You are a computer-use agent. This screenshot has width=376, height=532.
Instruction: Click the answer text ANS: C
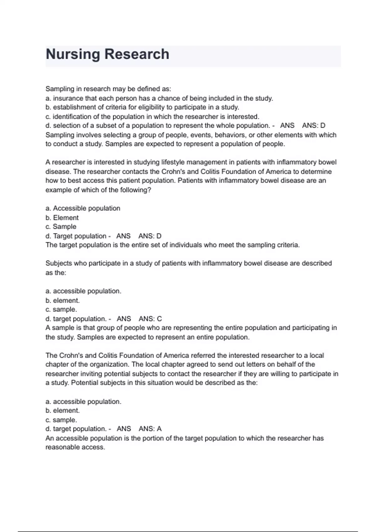pyautogui.click(x=150, y=319)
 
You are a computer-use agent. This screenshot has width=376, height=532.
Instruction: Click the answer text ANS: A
pyautogui.click(x=150, y=429)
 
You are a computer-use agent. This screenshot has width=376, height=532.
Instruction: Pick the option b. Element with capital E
pyautogui.click(x=62, y=217)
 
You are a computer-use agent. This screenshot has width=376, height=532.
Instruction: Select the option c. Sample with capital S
pyautogui.click(x=61, y=227)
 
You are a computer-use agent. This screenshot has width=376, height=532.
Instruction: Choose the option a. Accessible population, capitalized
pyautogui.click(x=83, y=208)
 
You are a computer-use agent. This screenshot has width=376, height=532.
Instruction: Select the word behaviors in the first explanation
pyautogui.click(x=229, y=135)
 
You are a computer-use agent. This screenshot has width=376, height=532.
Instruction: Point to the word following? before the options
pyautogui.click(x=135, y=190)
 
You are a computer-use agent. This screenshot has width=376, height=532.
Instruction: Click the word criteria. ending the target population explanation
pyautogui.click(x=288, y=245)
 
